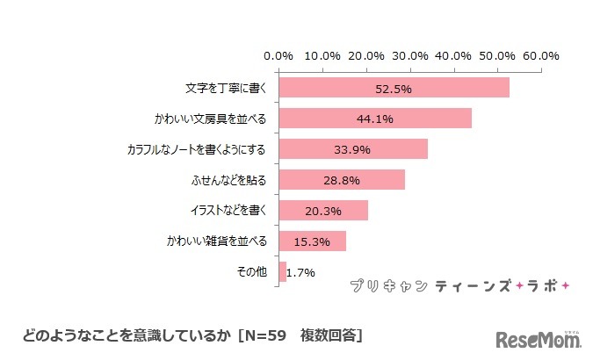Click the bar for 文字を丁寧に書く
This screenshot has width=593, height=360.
click(x=394, y=88)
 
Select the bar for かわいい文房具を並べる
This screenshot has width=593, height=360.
click(x=375, y=119)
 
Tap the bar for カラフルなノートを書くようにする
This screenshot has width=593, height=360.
click(x=353, y=149)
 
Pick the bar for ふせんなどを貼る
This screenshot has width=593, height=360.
click(x=342, y=180)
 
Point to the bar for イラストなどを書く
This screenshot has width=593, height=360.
click(x=323, y=211)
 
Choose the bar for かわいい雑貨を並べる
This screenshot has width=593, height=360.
click(x=312, y=241)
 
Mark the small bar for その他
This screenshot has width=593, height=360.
click(x=283, y=272)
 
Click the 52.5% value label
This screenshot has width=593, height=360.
click(x=394, y=89)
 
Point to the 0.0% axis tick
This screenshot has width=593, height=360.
click(x=279, y=55)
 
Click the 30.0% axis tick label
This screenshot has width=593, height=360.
click(x=410, y=55)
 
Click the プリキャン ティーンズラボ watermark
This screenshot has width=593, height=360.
click(x=459, y=285)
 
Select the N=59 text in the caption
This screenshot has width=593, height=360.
click(x=270, y=335)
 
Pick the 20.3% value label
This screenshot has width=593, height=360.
click(x=323, y=212)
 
